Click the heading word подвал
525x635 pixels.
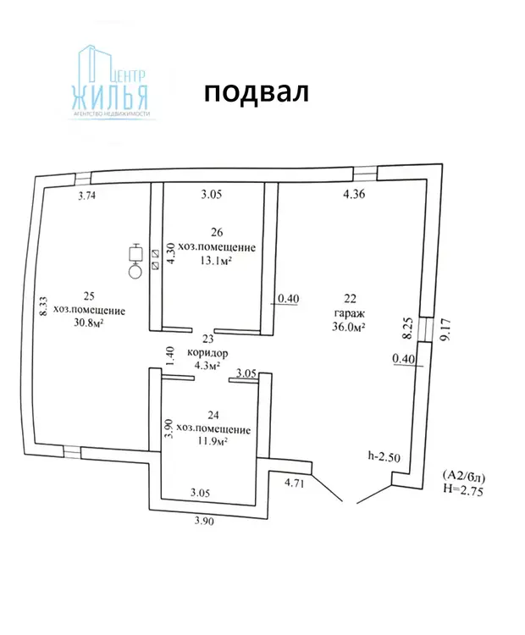(x=257, y=93)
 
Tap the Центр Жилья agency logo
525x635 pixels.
(x=110, y=82)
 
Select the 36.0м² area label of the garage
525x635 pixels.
(x=349, y=327)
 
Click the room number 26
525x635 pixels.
(x=217, y=232)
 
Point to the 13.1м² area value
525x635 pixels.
(x=216, y=261)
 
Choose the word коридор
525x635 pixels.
(x=207, y=353)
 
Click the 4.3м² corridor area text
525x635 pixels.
(x=207, y=366)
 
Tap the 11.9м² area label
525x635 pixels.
(x=212, y=441)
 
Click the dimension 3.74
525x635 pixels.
(x=86, y=196)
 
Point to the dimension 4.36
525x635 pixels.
(x=354, y=194)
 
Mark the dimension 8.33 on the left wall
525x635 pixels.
(x=43, y=306)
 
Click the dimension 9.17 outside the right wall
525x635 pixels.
(x=445, y=329)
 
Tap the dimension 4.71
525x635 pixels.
(x=294, y=483)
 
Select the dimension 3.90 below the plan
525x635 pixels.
(x=204, y=521)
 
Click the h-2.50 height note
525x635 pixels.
(x=384, y=457)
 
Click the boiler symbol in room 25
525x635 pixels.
(x=135, y=262)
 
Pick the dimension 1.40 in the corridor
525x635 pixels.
(x=170, y=356)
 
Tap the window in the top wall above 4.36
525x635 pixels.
(x=366, y=174)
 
